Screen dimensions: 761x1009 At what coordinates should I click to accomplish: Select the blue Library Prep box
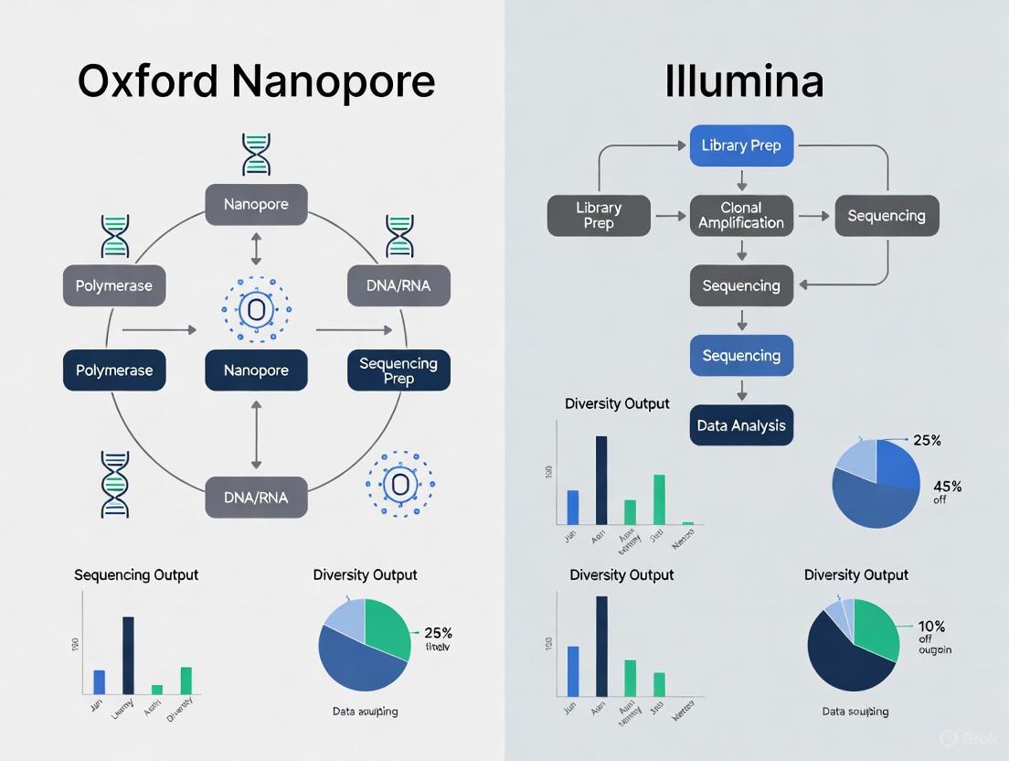coord(741,145)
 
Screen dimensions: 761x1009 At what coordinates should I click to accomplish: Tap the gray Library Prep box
coord(599,216)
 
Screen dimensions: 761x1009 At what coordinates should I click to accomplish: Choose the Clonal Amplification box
coord(741,216)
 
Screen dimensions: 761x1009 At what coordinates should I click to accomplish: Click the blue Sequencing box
coord(741,356)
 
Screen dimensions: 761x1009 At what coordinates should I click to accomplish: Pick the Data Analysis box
coord(741,425)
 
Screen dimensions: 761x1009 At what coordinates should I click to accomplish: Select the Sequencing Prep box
coord(398,370)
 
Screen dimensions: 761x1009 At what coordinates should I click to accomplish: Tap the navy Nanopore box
coord(256,370)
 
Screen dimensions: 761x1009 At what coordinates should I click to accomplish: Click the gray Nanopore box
coord(256,204)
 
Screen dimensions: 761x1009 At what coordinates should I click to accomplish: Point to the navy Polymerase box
coord(114,370)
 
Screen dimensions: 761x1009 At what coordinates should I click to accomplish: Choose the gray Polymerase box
coord(114,285)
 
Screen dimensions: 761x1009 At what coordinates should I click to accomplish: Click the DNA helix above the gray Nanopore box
coord(256,155)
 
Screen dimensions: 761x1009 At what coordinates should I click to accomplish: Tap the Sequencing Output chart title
coord(136,575)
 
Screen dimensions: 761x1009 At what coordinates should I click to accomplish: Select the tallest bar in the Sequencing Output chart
coord(128,656)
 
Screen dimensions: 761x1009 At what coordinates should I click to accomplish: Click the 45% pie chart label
coord(947,487)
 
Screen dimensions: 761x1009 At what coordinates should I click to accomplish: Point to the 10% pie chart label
coord(932,627)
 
